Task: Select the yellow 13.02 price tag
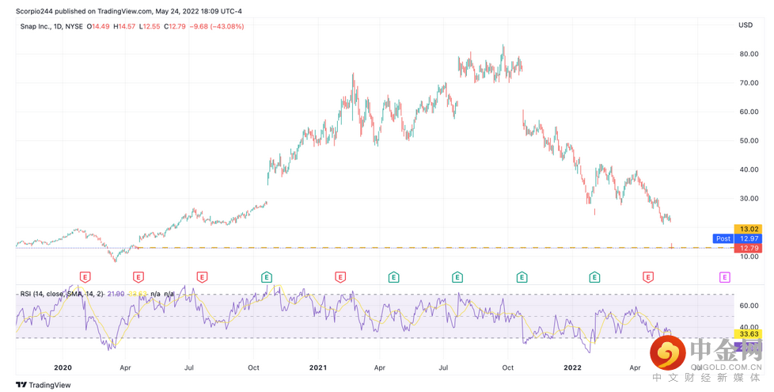748,229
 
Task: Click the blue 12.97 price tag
748,238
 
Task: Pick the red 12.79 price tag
748,248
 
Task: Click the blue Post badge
723,238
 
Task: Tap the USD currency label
745,25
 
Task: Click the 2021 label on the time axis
317,367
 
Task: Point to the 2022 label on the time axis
572,367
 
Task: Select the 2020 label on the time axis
63,367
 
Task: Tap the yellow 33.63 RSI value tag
748,334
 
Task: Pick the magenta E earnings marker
724,277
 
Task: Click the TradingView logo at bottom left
44,385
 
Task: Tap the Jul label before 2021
189,367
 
